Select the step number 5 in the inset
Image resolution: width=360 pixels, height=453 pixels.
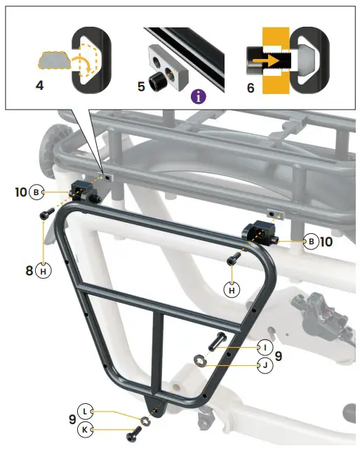(140, 88)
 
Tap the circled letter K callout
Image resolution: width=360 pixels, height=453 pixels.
(86, 429)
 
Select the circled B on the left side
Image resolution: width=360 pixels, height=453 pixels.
(37, 192)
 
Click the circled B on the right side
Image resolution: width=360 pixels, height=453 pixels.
(309, 242)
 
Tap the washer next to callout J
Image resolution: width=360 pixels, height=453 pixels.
(200, 361)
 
